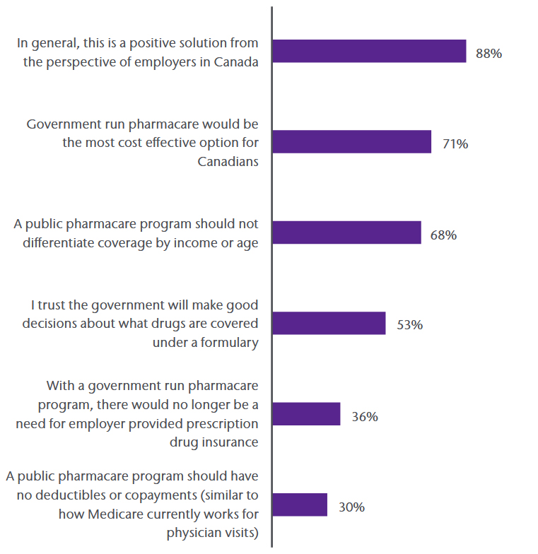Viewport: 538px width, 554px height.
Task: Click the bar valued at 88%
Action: coord(369,51)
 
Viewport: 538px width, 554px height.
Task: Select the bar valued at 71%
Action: coord(351,142)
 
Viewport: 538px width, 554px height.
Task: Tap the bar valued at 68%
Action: coord(346,232)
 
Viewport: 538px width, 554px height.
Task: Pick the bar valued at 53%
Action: coord(329,323)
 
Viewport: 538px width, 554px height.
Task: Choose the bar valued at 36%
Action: coord(306,414)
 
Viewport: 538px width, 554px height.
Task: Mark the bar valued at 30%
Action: coord(300,505)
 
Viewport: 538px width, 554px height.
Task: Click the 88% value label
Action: coord(489,53)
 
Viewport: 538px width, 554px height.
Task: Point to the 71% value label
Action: coord(455,144)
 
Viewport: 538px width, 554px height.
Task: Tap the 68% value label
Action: coord(443,235)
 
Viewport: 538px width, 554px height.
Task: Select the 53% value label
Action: coord(409,325)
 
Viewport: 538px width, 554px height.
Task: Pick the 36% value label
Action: coord(364,416)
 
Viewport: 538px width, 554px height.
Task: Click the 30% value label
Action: coord(351,507)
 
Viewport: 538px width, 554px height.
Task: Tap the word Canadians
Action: coord(228,161)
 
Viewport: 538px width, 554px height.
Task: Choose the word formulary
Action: coord(228,342)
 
